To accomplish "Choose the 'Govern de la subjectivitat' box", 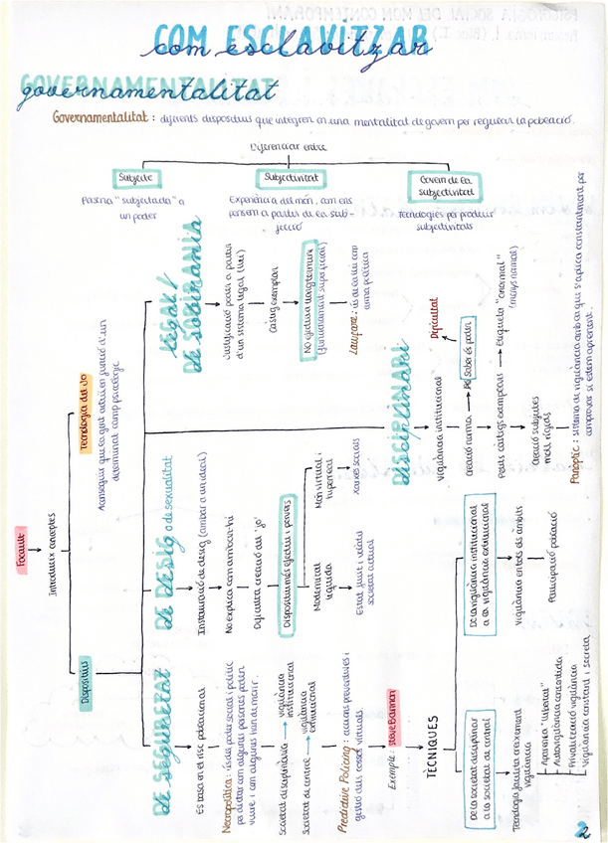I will click(445, 185).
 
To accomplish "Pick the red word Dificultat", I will click(434, 320).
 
